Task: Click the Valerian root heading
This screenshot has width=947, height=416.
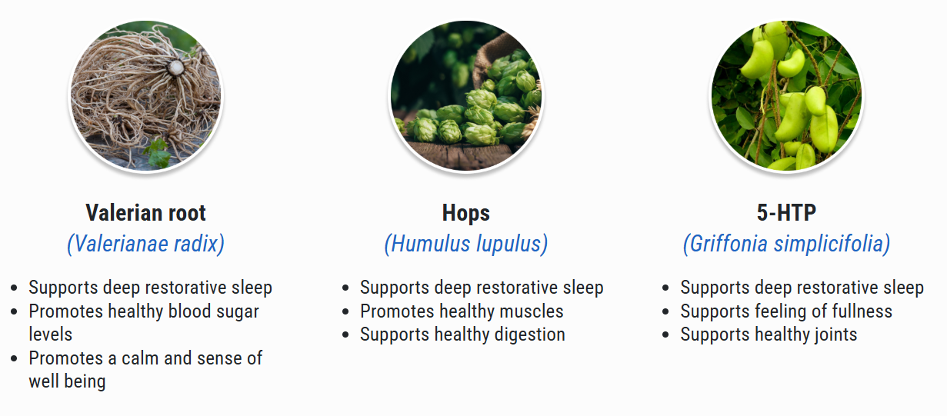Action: point(146,213)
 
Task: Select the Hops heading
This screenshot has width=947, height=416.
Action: point(466,213)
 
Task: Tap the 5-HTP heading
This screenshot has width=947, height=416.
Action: point(786,213)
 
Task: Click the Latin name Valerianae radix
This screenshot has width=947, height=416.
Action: point(146,244)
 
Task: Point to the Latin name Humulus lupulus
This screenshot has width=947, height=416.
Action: point(466,244)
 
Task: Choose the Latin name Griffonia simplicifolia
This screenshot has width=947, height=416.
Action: point(787,244)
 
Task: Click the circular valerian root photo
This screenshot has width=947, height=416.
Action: point(146,96)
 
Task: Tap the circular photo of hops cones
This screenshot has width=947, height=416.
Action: point(466,96)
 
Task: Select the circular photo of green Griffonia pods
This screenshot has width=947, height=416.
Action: point(786,96)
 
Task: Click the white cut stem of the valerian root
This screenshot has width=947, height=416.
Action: point(176,67)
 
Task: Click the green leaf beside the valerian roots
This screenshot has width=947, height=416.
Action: point(157,153)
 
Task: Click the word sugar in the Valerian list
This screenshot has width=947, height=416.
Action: point(238,312)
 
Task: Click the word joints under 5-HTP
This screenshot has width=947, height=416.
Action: point(835,335)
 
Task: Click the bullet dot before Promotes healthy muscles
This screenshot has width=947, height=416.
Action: point(346,312)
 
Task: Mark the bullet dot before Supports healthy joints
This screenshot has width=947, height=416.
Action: point(666,335)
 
